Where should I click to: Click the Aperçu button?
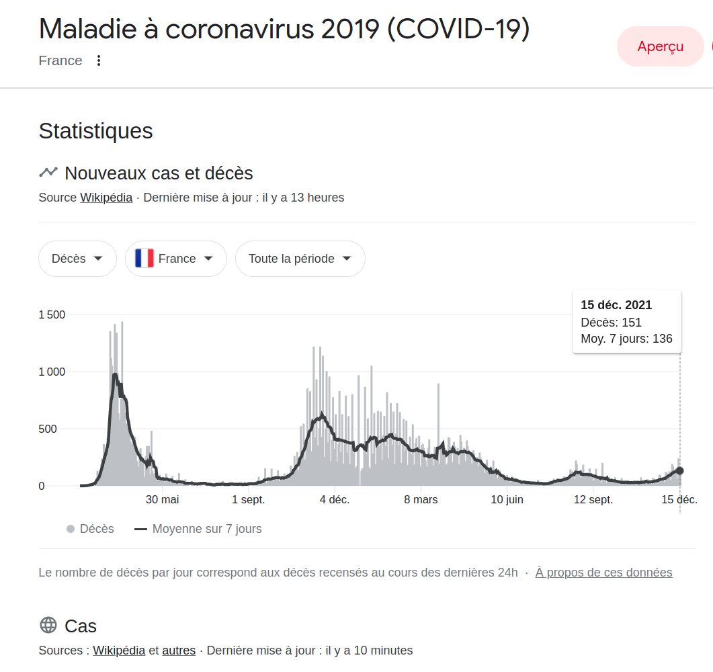(661, 46)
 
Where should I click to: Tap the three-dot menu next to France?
(99, 60)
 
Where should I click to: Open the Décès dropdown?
(77, 259)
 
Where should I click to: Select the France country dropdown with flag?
(176, 259)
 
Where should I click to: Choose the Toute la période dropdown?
(300, 259)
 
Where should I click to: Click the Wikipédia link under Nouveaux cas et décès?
(106, 198)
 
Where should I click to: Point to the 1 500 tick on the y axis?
(52, 314)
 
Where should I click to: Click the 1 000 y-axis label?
(52, 372)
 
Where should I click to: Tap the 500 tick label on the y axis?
(48, 429)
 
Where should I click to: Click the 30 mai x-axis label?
(163, 500)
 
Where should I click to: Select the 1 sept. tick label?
(248, 500)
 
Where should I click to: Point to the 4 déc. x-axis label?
(335, 500)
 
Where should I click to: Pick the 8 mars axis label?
(421, 500)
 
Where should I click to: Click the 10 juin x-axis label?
(507, 500)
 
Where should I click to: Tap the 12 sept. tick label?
(593, 500)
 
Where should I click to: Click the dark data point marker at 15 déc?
(680, 470)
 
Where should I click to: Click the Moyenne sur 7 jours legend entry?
(198, 529)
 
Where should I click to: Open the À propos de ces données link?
(604, 573)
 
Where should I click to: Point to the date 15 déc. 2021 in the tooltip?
(616, 305)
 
